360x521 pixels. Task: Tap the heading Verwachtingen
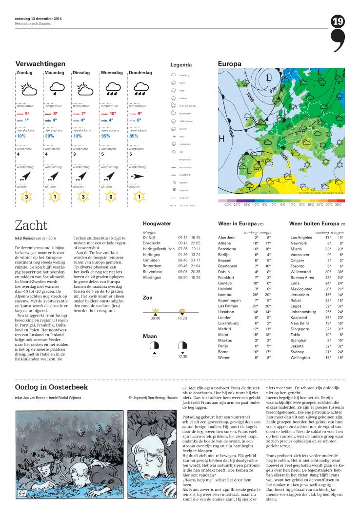[x=40, y=64]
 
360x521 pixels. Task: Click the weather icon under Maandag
[x=56, y=88]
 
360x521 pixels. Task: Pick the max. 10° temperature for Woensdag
[x=108, y=114]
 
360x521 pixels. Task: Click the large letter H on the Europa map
[x=221, y=139]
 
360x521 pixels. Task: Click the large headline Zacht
[x=31, y=225]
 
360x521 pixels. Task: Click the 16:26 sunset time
[x=182, y=318]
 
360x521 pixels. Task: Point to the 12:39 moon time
[x=182, y=356]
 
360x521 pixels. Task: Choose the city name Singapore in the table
[x=300, y=329]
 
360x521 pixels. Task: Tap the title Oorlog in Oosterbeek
[x=45, y=387]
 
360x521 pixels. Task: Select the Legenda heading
[x=181, y=65]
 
